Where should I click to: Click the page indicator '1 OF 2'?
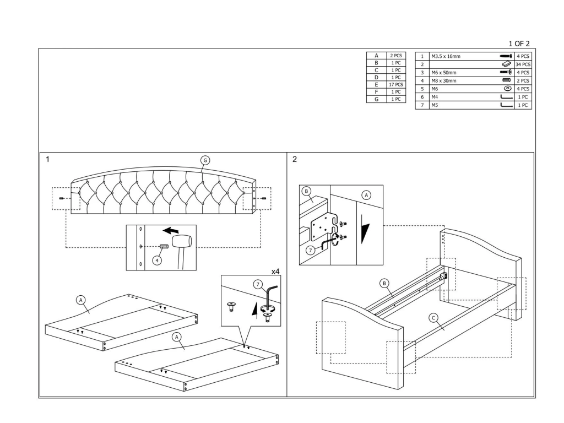(x=519, y=44)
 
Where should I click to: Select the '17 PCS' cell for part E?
(x=396, y=84)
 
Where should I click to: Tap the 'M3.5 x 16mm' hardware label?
(x=446, y=57)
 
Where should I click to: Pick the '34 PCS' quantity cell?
(x=523, y=65)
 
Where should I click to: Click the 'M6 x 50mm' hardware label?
(x=444, y=73)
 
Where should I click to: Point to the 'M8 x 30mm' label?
(x=444, y=81)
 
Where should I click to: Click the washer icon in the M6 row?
(x=507, y=89)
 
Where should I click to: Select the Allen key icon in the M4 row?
(x=507, y=97)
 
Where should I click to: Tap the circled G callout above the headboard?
(x=205, y=160)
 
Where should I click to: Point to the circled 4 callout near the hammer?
(x=157, y=260)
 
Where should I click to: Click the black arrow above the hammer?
(x=171, y=230)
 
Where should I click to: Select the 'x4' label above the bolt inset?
(x=275, y=272)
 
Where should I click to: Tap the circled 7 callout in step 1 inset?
(x=258, y=285)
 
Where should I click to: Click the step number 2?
(x=295, y=159)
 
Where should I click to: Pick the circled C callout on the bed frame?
(x=433, y=318)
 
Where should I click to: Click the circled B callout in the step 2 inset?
(x=306, y=191)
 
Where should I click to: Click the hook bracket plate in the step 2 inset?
(x=322, y=227)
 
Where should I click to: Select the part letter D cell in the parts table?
(x=376, y=77)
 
